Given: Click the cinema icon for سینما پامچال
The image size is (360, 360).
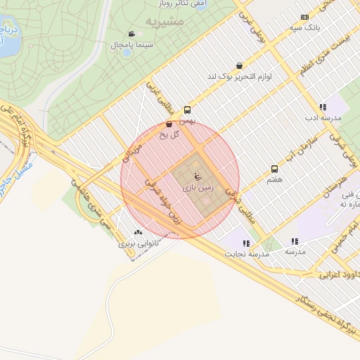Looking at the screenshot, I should point(131,34).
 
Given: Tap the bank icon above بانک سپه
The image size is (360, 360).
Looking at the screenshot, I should point(304,17).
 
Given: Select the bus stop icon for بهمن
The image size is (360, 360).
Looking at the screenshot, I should point(187,110).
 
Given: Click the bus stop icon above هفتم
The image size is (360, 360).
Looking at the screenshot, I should point(274,169).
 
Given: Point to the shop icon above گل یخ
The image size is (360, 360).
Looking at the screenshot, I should point(169,124).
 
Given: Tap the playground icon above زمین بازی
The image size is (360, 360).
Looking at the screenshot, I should point(196,176).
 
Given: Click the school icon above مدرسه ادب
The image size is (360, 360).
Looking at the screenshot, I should point(323,107).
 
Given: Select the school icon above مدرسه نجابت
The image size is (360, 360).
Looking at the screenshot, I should point(246,243).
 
